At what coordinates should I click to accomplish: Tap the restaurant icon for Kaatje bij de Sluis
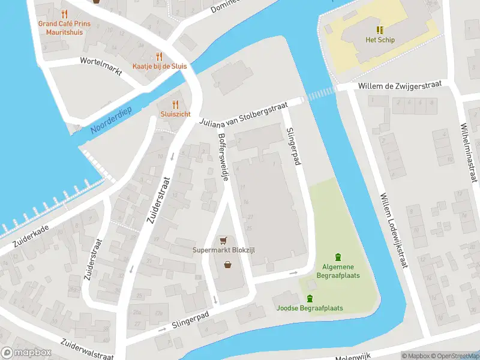click(x=159, y=56)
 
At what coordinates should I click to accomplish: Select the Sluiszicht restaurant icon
click(x=175, y=104)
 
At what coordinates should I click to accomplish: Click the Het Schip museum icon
click(x=380, y=29)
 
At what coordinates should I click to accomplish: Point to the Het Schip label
click(x=380, y=40)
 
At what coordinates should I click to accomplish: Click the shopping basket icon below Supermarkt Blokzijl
click(x=228, y=264)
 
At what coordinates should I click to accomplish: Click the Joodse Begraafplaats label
click(x=310, y=308)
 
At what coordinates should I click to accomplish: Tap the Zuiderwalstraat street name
click(x=87, y=348)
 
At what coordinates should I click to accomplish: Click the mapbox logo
click(x=25, y=353)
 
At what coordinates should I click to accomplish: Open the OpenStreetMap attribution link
click(x=458, y=356)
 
